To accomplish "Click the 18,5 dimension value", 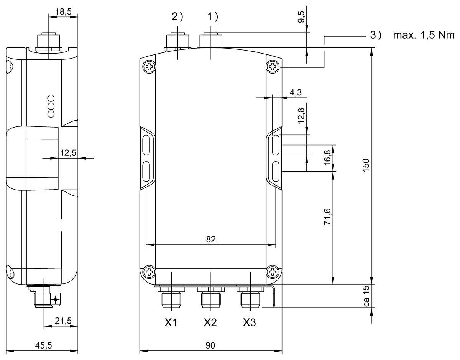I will click(x=64, y=12).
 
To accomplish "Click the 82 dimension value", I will click(x=211, y=239).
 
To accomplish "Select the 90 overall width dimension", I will click(x=210, y=345).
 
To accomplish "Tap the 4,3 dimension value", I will click(x=295, y=93).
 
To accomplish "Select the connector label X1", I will click(x=171, y=323).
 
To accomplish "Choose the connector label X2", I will click(x=210, y=323).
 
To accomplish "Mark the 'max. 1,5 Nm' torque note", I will click(x=423, y=36).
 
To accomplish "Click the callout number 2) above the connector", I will click(x=177, y=17).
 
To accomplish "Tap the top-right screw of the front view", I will click(x=273, y=67).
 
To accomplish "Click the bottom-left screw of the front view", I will click(x=148, y=272).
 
